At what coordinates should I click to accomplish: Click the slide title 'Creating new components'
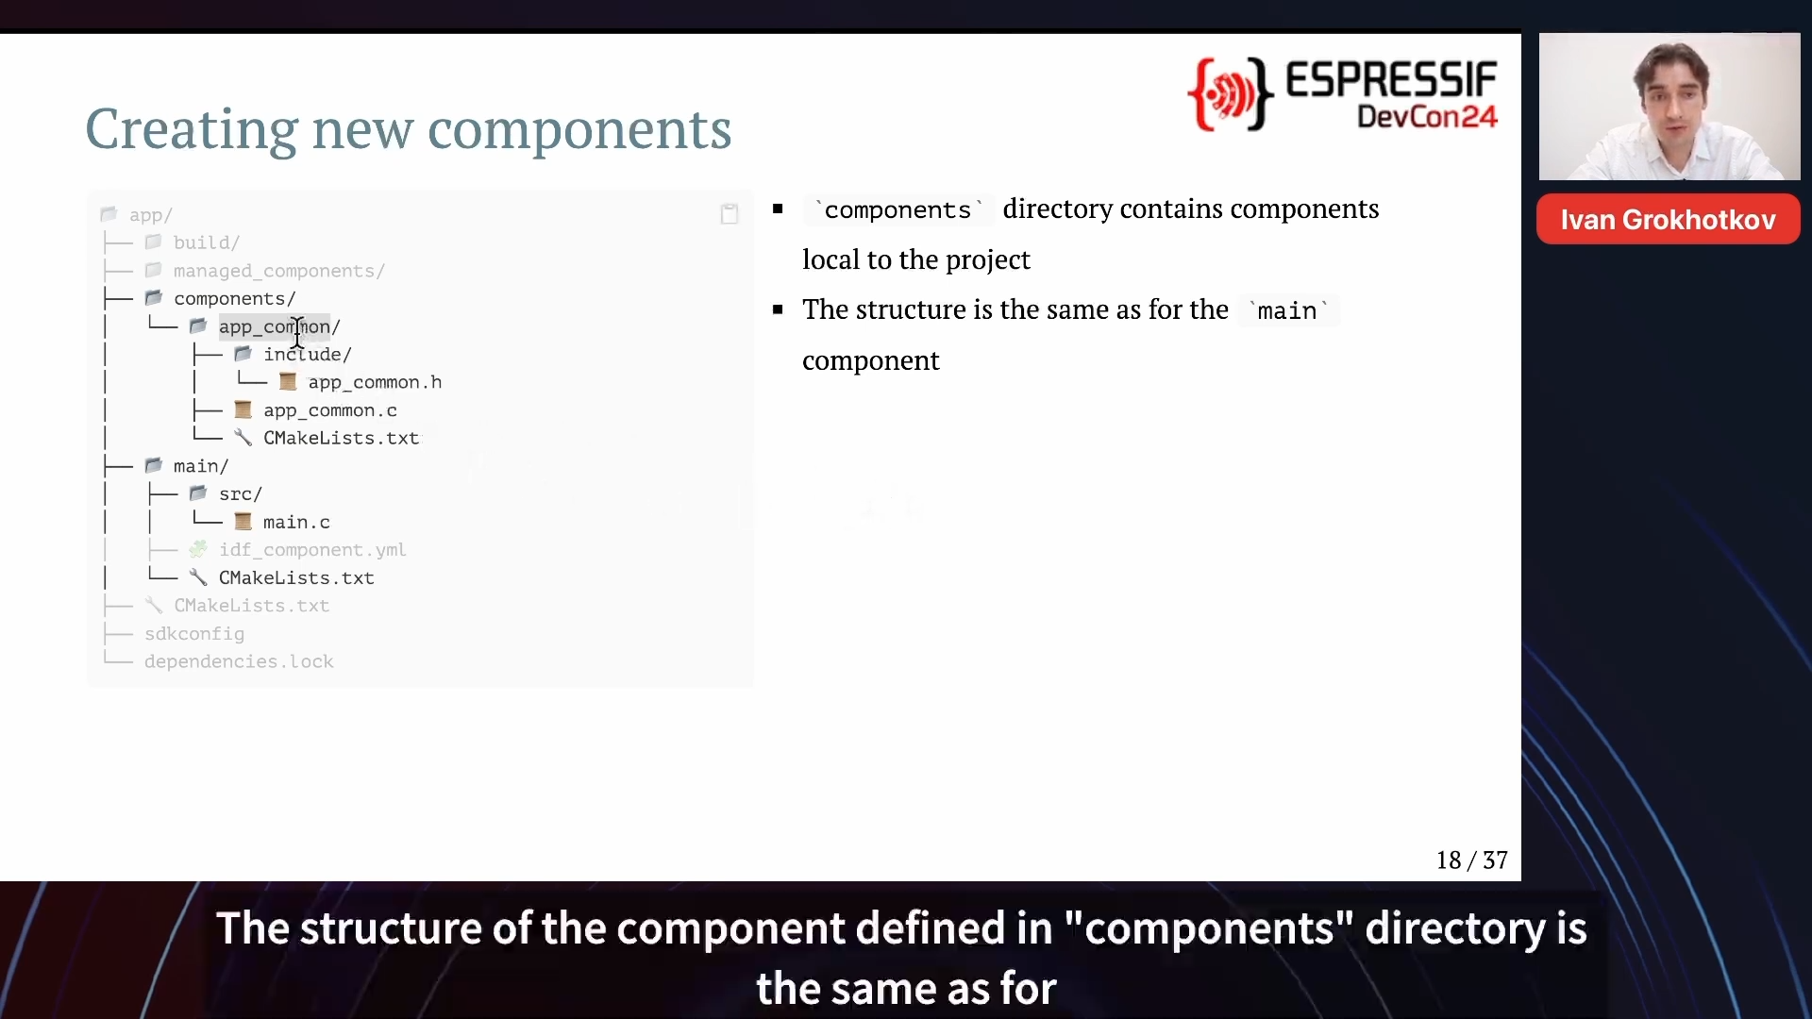point(408,129)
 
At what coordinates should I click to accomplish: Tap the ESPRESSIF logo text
point(1391,80)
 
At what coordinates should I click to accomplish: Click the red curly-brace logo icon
point(1230,93)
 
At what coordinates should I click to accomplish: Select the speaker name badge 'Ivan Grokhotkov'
point(1668,220)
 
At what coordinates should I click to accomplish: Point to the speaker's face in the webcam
point(1673,99)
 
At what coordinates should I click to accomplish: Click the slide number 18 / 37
point(1471,860)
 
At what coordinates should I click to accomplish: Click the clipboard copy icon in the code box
point(729,214)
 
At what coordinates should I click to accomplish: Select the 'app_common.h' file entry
point(375,382)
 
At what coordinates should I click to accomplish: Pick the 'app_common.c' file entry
point(329,410)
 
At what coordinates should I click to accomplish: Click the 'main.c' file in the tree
point(296,522)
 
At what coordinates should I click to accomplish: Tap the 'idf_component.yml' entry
point(312,550)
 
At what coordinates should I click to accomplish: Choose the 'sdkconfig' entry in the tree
point(194,634)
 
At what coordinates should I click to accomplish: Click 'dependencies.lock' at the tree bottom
point(239,661)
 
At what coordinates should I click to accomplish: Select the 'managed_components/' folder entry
point(278,271)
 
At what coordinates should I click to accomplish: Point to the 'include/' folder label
point(307,355)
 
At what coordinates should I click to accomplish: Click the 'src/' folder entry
point(241,494)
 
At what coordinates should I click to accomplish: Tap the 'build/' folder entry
point(207,242)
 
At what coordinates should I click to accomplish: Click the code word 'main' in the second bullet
point(1286,310)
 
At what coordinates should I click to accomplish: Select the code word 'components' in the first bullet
point(898,209)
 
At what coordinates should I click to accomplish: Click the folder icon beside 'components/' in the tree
point(154,298)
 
